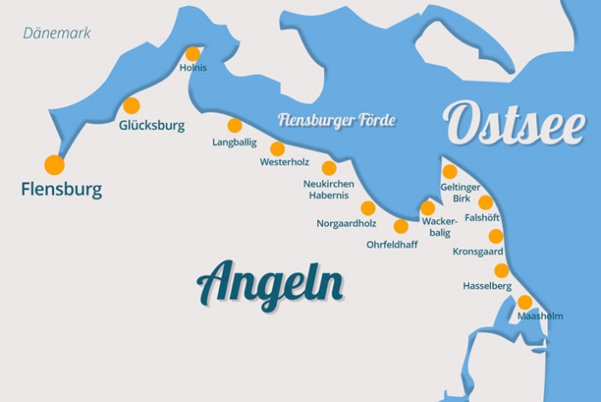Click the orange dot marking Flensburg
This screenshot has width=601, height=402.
click(55, 165)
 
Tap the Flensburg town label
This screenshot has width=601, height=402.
click(61, 189)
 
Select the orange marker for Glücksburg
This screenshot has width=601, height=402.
click(131, 106)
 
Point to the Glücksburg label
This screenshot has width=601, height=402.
click(152, 125)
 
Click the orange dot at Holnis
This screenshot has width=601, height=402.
click(194, 54)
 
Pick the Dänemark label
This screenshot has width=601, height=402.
click(57, 33)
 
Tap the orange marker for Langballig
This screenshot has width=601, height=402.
click(234, 125)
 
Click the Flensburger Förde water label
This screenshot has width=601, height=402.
click(337, 120)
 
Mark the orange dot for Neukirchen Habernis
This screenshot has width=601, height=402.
click(329, 168)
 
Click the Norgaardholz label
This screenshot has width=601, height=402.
click(346, 224)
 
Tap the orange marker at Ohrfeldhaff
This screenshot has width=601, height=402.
click(401, 226)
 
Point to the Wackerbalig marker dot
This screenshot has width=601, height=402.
click(427, 207)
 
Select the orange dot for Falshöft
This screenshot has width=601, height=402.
click(485, 202)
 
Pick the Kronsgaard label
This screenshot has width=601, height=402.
click(478, 252)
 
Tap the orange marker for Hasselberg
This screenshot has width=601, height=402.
click(501, 271)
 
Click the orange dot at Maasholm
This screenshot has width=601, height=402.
click(524, 302)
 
